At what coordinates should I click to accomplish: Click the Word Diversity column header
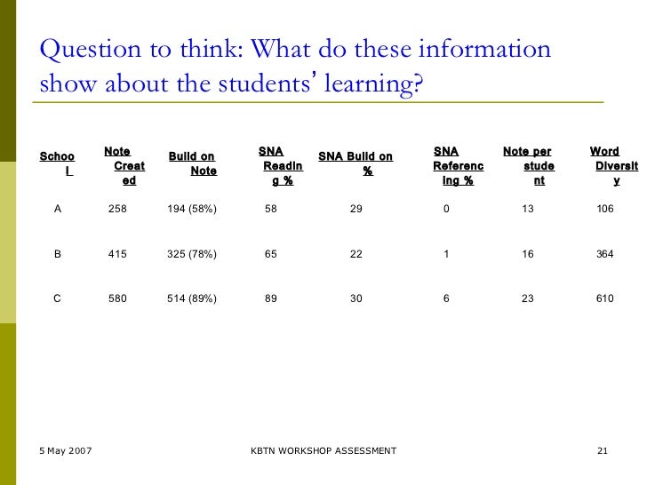coord(611,166)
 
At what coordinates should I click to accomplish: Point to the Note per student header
coord(531,166)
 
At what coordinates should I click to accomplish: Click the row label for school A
coord(58,209)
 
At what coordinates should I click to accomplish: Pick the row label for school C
coord(58,298)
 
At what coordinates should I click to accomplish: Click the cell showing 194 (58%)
coord(192,209)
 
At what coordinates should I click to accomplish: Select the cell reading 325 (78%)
coord(192,254)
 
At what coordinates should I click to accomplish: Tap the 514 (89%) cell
coord(192,298)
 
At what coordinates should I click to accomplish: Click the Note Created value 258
coord(117,209)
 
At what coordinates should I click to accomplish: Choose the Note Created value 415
coord(117,254)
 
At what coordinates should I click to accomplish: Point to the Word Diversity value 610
coord(605,298)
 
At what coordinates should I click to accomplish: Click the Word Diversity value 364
coord(605,254)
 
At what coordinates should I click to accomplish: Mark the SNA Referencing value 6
coord(446,298)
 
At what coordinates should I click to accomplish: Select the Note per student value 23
coord(528,298)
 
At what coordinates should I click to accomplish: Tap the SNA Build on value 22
coord(356,254)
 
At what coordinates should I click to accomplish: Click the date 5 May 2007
coord(66,451)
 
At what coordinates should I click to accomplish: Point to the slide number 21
coord(603,451)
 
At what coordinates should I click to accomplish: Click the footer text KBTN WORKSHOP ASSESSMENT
coord(323,451)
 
